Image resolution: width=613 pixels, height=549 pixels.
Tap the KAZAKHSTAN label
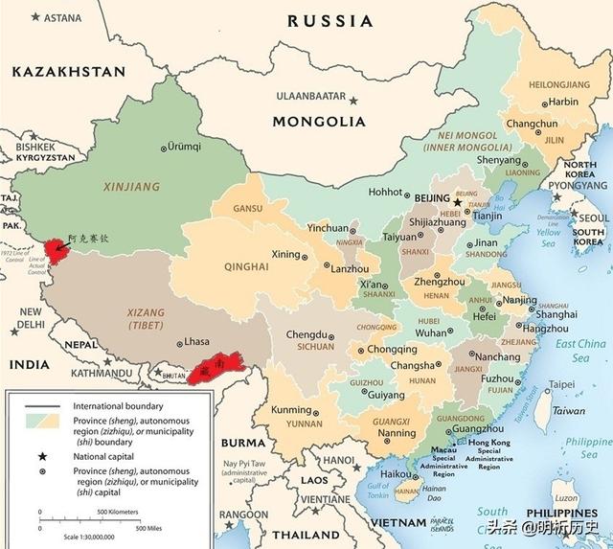68,72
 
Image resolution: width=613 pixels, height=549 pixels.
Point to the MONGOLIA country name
319,122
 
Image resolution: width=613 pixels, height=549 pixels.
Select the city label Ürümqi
185,147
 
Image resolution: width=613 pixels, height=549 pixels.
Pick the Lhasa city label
196,341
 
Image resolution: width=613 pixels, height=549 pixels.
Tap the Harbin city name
563,102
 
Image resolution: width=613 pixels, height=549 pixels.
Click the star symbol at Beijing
458,202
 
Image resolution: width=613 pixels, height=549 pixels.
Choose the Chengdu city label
306,334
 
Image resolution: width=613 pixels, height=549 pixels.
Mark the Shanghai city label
556,313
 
